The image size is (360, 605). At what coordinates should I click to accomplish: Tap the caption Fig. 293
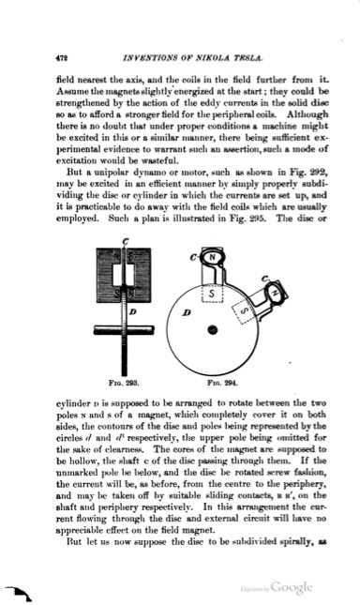124,384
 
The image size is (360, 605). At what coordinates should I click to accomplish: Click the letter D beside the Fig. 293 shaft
133,310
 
